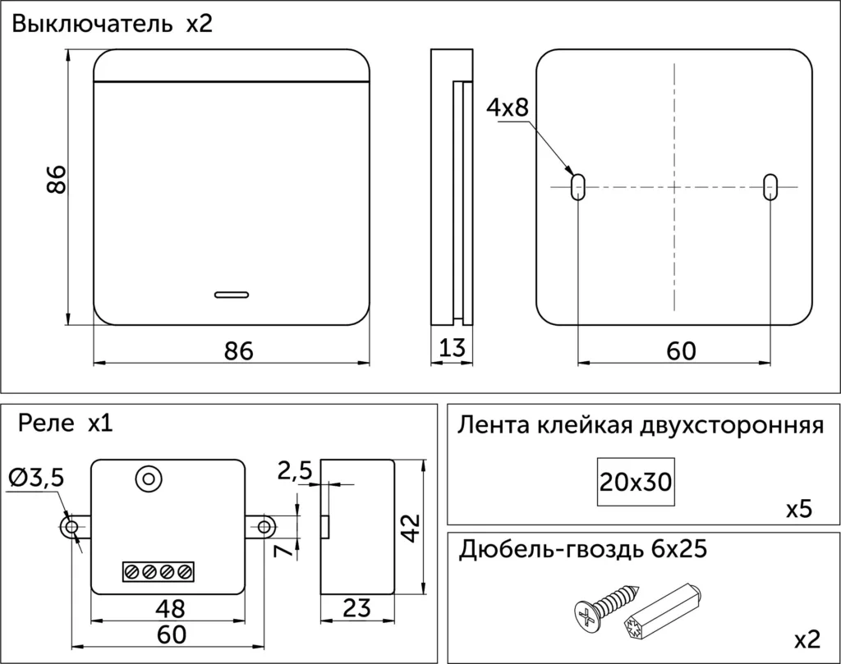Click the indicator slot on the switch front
tap(232, 293)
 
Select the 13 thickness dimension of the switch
tap(452, 348)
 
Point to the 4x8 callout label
tap(508, 108)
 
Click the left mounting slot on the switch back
tap(578, 185)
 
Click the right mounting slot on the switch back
tap(770, 185)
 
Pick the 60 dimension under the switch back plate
tap(681, 350)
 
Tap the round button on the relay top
tap(149, 479)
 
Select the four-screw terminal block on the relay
tap(159, 571)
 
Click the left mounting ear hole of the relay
tap(71, 526)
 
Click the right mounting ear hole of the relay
tap(264, 526)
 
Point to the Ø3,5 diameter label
tap(37, 478)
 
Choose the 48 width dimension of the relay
tap(170, 608)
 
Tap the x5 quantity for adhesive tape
tap(797, 510)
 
